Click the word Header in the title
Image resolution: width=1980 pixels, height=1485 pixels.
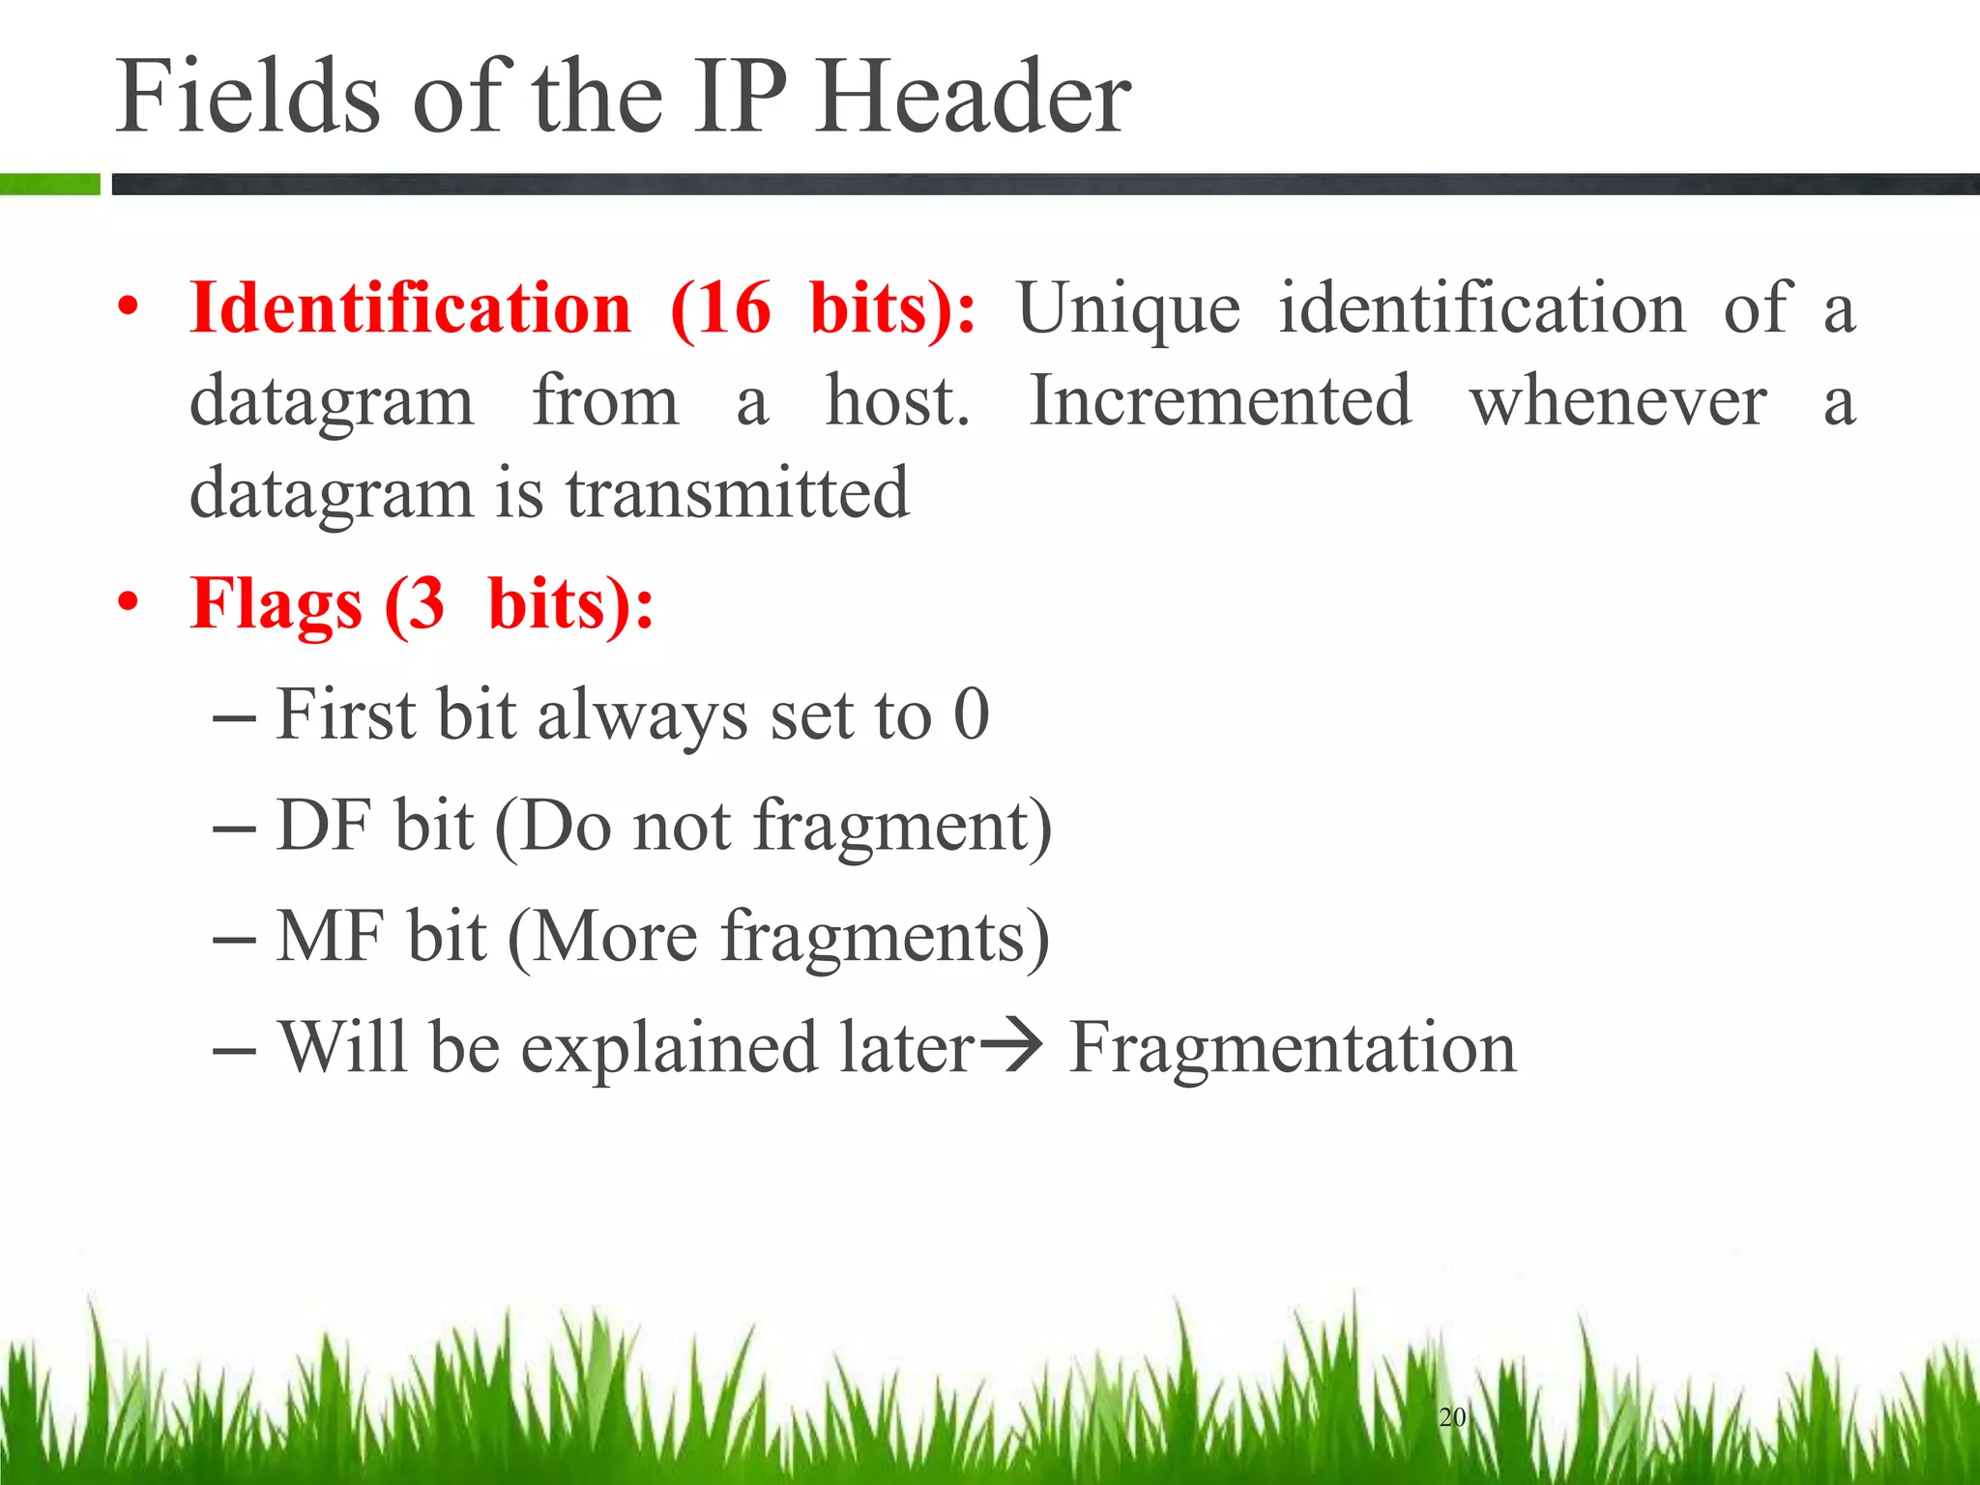coord(973,97)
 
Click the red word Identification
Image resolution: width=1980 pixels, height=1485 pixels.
coord(411,308)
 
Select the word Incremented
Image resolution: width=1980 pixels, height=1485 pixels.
coord(1220,400)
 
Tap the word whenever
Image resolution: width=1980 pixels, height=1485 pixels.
coord(1618,402)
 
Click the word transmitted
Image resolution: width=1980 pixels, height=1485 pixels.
coord(738,493)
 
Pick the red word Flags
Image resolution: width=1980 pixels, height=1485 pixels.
coord(277,605)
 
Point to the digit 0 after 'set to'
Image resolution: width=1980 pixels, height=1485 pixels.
coord(972,714)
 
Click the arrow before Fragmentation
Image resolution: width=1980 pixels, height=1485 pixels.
coord(1011,1046)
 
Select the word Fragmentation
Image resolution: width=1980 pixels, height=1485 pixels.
coord(1293,1048)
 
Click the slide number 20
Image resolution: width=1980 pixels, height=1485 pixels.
coord(1452,1417)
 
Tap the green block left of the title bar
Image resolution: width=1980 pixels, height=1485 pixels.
coord(49,184)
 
